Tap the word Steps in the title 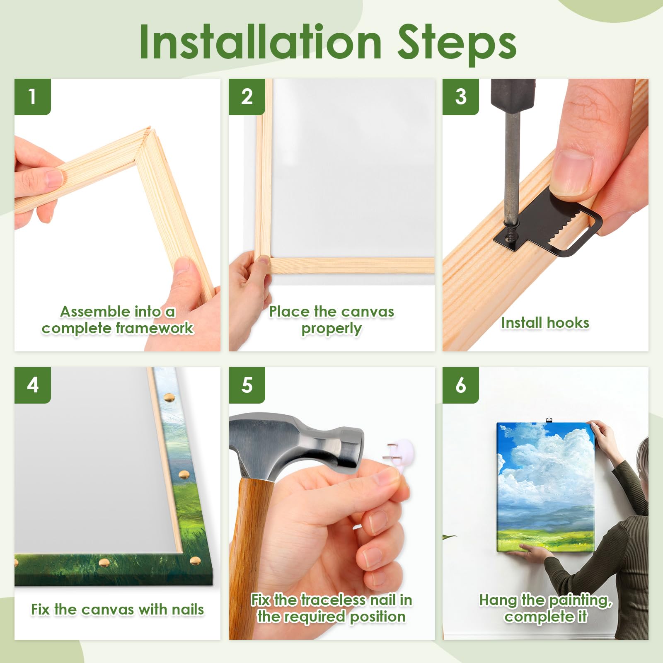click(457, 44)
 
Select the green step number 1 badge click(32, 97)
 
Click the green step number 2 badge click(247, 97)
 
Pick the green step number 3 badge click(461, 97)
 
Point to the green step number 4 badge click(32, 385)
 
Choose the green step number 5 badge click(247, 385)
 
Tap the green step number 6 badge click(461, 385)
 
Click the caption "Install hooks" click(545, 323)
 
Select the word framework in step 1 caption click(155, 328)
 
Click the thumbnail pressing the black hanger click(571, 172)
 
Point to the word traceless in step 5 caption click(333, 600)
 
